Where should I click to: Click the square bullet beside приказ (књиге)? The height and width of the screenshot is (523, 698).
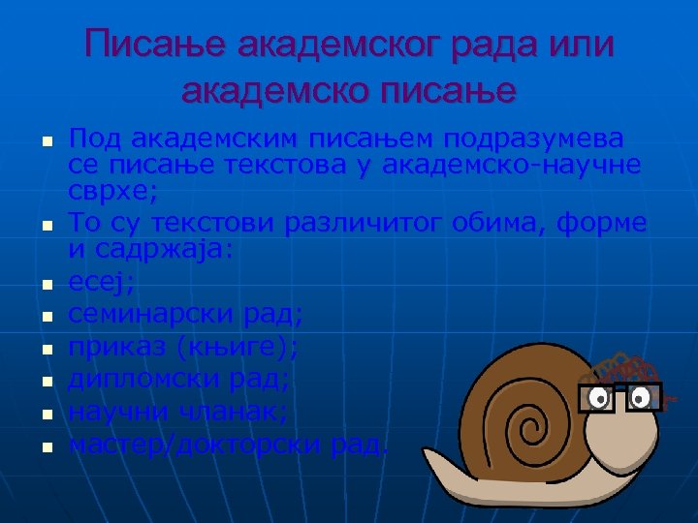point(45,349)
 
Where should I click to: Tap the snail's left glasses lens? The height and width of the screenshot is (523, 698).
point(599,397)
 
